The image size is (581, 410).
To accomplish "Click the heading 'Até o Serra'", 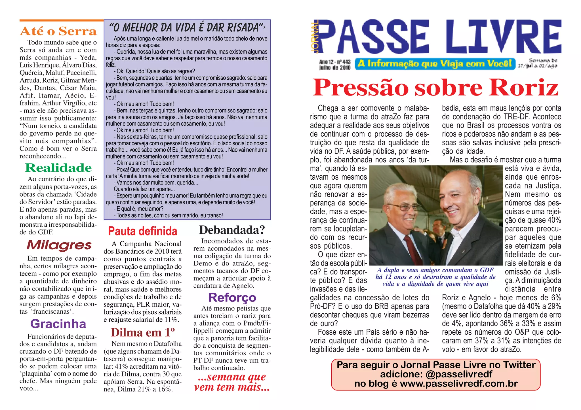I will click(58, 31).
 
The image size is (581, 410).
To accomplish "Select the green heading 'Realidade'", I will click(58, 168).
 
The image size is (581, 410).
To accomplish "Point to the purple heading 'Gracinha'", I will click(58, 324).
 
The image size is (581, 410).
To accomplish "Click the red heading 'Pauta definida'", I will click(142, 231).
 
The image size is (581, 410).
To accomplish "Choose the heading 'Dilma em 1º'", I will click(142, 332).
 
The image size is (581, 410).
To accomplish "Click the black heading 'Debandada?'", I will click(232, 230).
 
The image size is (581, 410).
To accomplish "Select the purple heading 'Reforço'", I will click(232, 298).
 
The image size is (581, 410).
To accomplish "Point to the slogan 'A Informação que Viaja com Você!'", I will click(435, 64).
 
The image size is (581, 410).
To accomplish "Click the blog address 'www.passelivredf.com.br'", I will click(459, 384).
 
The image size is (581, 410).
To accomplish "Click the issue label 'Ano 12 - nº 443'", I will click(335, 62).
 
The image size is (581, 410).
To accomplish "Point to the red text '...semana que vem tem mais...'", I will click(232, 382).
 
